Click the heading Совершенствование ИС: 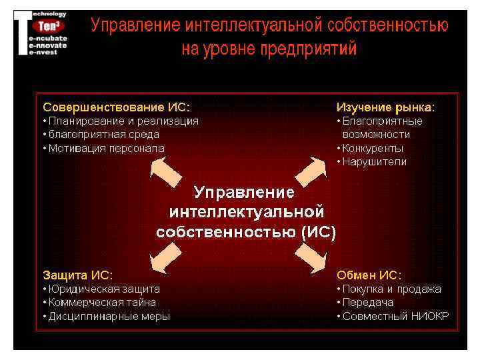point(116,107)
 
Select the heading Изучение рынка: point(385,107)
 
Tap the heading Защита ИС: point(77,275)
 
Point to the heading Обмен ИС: point(369,275)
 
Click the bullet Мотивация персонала point(106,148)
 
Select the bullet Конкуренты point(373,148)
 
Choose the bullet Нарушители point(374,162)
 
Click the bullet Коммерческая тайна point(102,302)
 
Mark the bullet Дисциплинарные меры point(109,316)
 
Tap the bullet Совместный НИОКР point(395,316)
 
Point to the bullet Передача point(367,302)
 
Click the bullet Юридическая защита point(104,289)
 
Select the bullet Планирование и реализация point(123,121)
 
